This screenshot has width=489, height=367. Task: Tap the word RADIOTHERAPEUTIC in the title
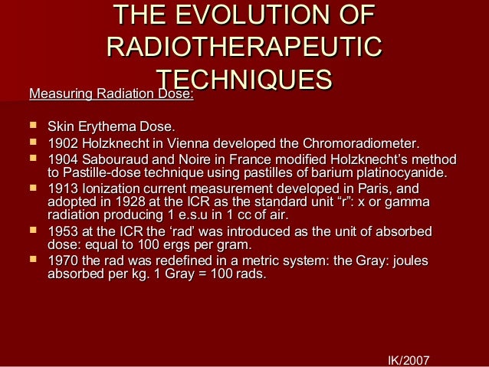click(244, 47)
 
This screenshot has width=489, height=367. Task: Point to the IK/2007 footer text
click(409, 359)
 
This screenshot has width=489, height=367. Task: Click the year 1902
click(63, 143)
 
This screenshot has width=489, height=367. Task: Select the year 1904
click(63, 159)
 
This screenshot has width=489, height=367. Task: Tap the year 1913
click(63, 188)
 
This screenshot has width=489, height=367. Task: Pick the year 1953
click(63, 231)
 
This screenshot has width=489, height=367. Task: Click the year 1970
click(63, 261)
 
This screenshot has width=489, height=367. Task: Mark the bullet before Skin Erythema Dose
click(32, 126)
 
